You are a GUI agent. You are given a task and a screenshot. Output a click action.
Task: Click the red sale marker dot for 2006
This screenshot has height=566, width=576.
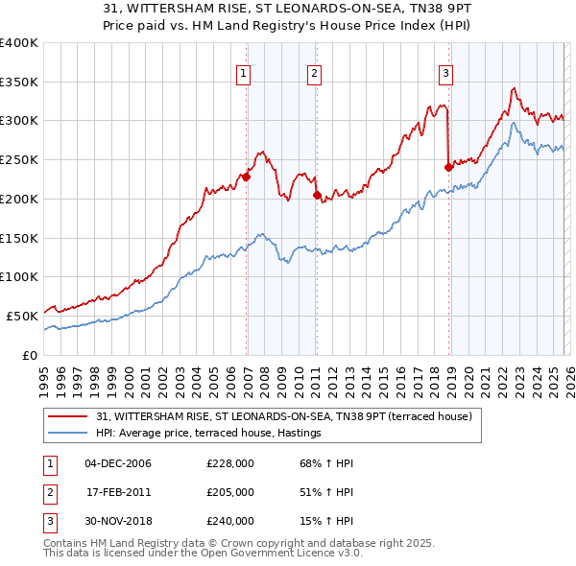click(246, 177)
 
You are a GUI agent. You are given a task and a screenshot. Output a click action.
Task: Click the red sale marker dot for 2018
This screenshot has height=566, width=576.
click(448, 167)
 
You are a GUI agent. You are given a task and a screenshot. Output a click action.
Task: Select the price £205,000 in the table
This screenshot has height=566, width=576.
click(229, 492)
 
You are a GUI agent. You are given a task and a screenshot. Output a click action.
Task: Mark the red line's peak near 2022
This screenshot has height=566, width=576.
click(515, 88)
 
